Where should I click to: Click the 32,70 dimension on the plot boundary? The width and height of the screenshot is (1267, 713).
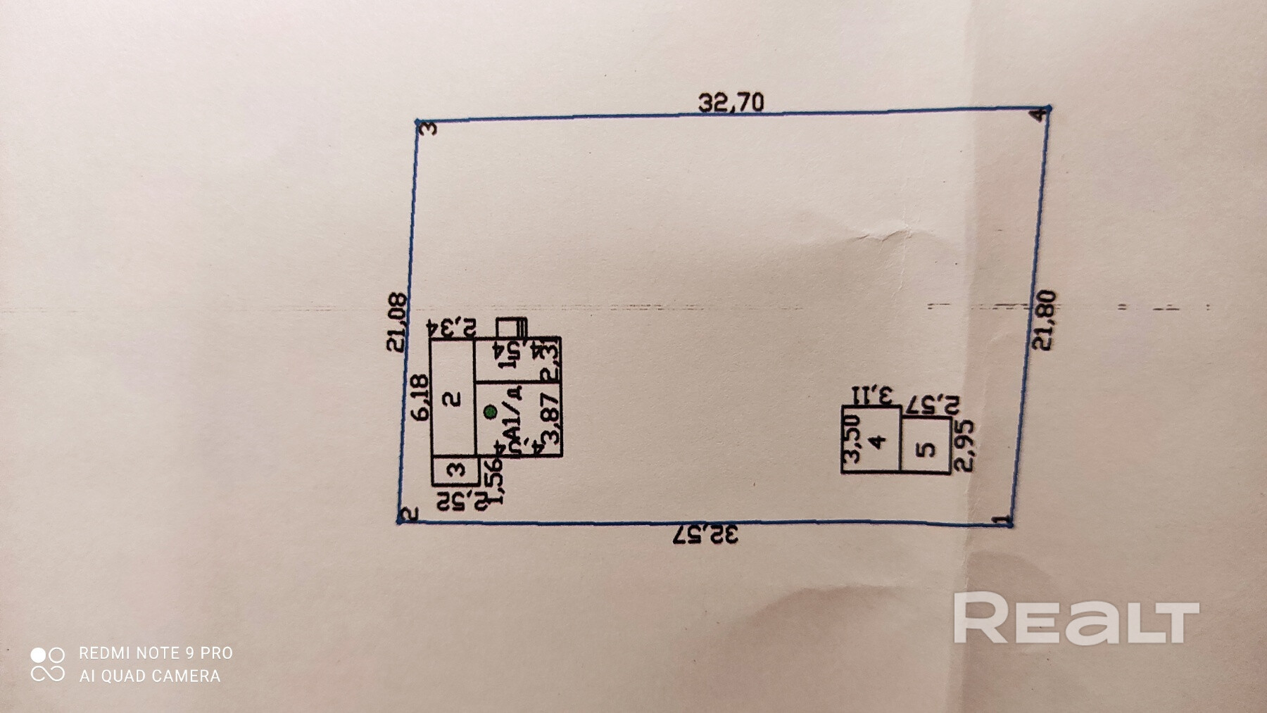(731, 103)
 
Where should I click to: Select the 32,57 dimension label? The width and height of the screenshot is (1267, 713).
(706, 535)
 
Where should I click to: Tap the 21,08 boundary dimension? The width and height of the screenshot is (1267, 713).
(397, 322)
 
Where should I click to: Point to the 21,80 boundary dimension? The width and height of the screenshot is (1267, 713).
(1044, 320)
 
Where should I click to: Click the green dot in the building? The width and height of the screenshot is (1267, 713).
(491, 412)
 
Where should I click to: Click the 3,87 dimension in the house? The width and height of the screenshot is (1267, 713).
(551, 418)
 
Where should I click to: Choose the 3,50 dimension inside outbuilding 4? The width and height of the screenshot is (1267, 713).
(852, 437)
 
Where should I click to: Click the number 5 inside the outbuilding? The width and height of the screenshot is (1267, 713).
(927, 448)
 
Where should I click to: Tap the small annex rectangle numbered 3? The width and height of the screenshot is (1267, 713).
(455, 470)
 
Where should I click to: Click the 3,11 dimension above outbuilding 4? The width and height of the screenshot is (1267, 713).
(873, 395)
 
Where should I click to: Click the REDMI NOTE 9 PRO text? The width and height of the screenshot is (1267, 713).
(156, 653)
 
